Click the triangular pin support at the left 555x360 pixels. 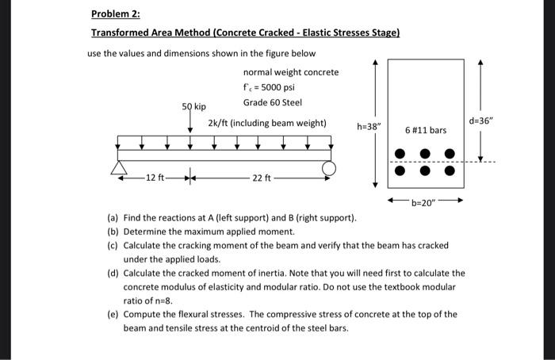pos(120,169)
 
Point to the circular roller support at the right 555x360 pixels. pos(329,168)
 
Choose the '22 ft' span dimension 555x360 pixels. pos(261,177)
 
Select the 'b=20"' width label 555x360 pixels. pos(424,203)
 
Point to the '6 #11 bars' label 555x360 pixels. pos(426,128)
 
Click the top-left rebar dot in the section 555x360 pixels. pos(399,154)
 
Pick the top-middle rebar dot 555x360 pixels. pos(425,154)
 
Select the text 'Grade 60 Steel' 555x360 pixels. pos(273,101)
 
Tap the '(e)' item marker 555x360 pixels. pos(113,314)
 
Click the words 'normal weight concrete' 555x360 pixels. pos(291,72)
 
